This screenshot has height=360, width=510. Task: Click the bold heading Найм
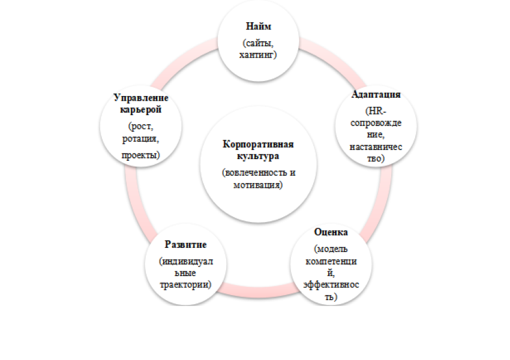pyautogui.click(x=259, y=26)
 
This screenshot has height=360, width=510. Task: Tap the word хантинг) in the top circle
pyautogui.click(x=258, y=55)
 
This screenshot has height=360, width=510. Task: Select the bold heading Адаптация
pyautogui.click(x=376, y=94)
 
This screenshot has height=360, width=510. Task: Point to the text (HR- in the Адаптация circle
pyautogui.click(x=376, y=111)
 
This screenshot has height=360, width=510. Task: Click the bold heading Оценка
pyautogui.click(x=331, y=232)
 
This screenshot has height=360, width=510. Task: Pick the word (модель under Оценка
pyautogui.click(x=331, y=249)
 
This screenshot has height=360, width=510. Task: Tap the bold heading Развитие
pyautogui.click(x=185, y=244)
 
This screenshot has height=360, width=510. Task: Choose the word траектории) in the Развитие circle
pyautogui.click(x=185, y=284)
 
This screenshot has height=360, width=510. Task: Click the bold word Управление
pyautogui.click(x=141, y=98)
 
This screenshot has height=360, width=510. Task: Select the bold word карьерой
pyautogui.click(x=141, y=110)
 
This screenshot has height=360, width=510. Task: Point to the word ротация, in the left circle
pyautogui.click(x=140, y=139)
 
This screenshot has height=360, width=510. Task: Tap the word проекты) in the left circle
pyautogui.click(x=140, y=155)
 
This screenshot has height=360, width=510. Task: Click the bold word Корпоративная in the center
pyautogui.click(x=258, y=144)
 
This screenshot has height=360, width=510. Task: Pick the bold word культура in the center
pyautogui.click(x=258, y=156)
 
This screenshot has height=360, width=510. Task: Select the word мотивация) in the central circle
pyautogui.click(x=258, y=185)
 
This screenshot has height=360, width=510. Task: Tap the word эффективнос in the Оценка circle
pyautogui.click(x=331, y=284)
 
